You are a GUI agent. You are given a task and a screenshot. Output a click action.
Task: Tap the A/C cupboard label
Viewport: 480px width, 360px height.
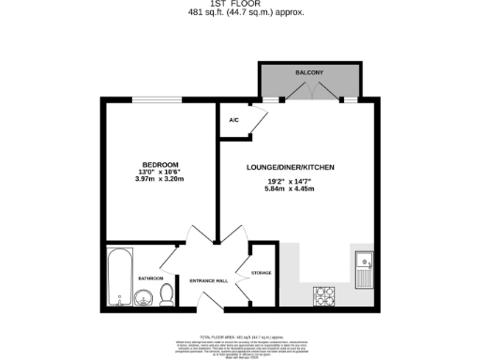[x=233, y=121]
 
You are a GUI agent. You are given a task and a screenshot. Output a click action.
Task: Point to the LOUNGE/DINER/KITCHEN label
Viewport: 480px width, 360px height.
[x=290, y=167]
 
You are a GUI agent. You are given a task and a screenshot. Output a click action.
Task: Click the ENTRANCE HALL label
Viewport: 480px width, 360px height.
[x=208, y=280]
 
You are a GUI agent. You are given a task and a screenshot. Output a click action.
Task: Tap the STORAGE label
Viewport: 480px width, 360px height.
[x=261, y=273]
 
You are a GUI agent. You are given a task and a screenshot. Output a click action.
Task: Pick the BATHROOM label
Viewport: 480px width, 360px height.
[x=151, y=278]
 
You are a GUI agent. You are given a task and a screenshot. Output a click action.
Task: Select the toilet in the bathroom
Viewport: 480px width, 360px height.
[x=166, y=295]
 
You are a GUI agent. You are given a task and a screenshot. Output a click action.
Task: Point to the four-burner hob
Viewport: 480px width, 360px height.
[x=325, y=295]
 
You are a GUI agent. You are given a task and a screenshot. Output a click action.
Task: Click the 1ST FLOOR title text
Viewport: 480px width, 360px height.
[x=239, y=4]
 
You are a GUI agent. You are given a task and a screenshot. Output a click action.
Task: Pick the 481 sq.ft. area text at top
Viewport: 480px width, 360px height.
[x=239, y=13]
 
